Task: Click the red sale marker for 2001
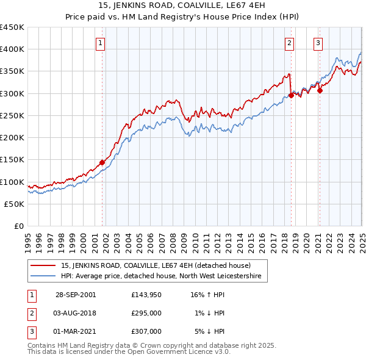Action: click(x=102, y=162)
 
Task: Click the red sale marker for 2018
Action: click(x=291, y=95)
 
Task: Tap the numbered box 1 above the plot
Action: click(x=99, y=43)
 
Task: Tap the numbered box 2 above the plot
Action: click(x=289, y=43)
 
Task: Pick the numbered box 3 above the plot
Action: click(x=318, y=43)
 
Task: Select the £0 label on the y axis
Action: click(x=19, y=226)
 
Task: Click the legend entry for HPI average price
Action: click(x=161, y=276)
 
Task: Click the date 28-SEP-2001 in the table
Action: click(x=76, y=295)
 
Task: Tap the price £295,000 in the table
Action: click(x=146, y=313)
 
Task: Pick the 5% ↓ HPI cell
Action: click(x=210, y=331)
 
